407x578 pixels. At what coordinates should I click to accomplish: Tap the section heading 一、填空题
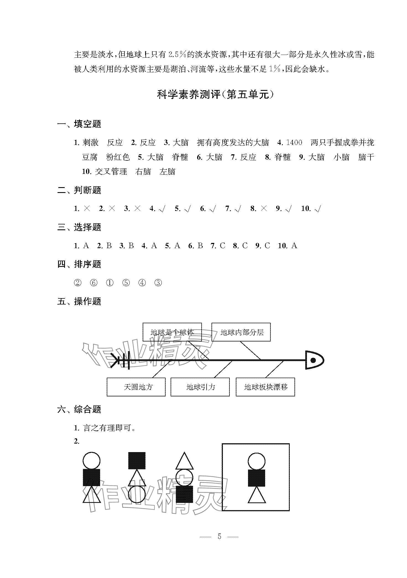tap(79, 124)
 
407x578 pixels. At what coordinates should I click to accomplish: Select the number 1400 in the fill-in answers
tap(294, 143)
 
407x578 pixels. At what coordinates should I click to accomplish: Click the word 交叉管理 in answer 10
tap(111, 172)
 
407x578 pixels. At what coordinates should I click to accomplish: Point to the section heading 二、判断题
tap(79, 190)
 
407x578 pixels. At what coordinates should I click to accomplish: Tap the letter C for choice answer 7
tap(223, 246)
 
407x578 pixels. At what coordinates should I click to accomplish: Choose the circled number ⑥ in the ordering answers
tap(94, 283)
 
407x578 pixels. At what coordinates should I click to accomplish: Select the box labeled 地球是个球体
tap(172, 332)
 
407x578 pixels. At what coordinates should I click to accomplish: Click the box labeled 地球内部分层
tap(241, 332)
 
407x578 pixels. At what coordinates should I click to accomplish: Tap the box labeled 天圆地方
tap(136, 387)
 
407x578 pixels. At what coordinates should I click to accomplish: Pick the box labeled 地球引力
tap(200, 387)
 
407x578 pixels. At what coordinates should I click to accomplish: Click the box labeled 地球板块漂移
tap(265, 387)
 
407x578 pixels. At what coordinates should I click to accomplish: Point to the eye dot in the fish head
tap(313, 360)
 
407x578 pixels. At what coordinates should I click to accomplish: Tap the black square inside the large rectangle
tap(256, 478)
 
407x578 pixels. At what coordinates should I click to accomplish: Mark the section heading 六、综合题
tap(79, 409)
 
